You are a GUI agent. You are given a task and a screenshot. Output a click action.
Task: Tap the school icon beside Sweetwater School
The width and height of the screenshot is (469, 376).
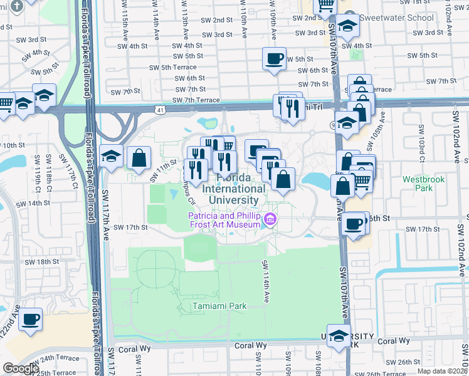(347, 26)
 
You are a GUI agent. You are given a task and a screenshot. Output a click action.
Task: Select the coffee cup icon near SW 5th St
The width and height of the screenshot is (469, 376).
(275, 59)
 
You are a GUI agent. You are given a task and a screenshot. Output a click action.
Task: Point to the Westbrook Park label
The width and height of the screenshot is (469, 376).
(424, 184)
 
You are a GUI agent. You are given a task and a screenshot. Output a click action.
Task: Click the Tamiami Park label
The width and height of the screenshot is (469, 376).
(219, 306)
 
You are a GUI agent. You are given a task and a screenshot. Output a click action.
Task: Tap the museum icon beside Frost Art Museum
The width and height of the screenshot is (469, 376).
(270, 219)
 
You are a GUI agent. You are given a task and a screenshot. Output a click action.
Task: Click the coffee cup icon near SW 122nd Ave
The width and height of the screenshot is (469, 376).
(30, 320)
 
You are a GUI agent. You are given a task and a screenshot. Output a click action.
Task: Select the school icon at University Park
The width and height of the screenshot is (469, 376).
(339, 335)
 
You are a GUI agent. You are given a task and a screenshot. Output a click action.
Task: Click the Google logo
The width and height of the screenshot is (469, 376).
(20, 368)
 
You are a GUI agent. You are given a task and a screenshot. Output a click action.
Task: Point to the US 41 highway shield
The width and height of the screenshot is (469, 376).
(161, 110)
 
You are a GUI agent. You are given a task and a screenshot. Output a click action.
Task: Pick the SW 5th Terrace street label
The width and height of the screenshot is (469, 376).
(172, 67)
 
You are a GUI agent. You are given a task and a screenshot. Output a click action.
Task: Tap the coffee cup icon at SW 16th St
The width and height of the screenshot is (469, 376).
(354, 223)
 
